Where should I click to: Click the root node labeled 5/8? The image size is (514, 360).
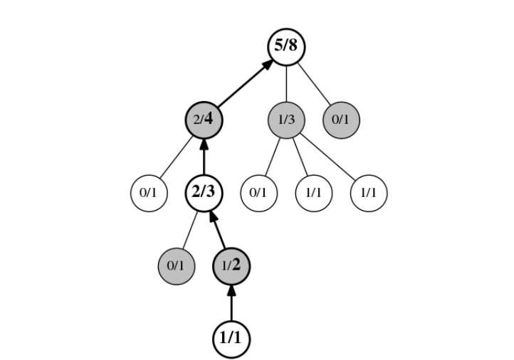click(x=285, y=47)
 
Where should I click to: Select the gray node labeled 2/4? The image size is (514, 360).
click(x=204, y=120)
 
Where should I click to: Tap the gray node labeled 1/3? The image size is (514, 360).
click(x=285, y=120)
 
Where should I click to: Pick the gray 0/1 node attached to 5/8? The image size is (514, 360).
click(x=341, y=120)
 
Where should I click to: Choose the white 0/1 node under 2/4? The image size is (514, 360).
click(x=148, y=193)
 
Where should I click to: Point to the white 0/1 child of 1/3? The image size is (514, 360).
click(x=258, y=193)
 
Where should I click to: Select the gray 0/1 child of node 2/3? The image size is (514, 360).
click(x=176, y=266)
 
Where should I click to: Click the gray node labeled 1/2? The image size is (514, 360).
click(x=231, y=266)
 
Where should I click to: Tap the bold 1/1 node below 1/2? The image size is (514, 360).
click(x=231, y=339)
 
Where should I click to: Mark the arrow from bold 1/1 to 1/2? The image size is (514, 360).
click(x=231, y=302)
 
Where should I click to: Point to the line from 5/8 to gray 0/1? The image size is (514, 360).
click(x=313, y=84)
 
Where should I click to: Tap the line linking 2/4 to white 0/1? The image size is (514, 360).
click(x=176, y=157)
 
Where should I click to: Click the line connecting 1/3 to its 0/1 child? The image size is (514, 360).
click(x=272, y=157)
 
